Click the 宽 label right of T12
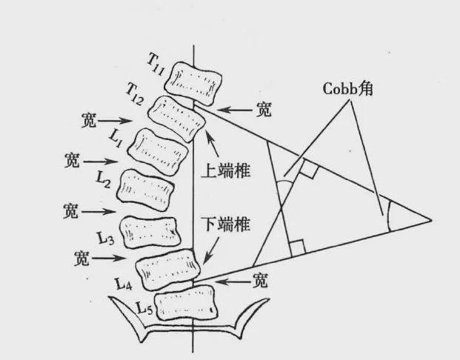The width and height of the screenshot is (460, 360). [x=261, y=110]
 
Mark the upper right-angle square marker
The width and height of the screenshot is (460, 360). [x=310, y=173]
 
